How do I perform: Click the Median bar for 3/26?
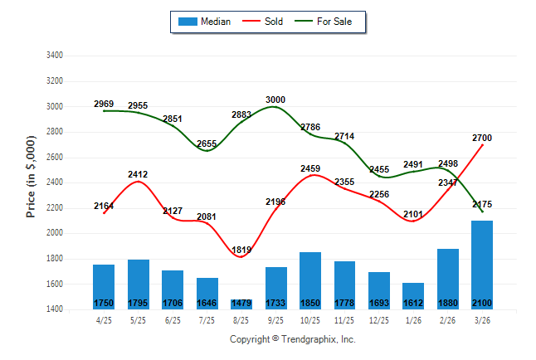coord(483,264)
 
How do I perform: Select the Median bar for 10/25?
coord(310,280)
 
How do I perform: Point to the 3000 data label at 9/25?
coord(275,100)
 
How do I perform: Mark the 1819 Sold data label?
coord(241,250)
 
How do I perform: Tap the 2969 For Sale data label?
coord(104,104)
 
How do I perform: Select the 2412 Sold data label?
coord(138,174)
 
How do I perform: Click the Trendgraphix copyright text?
coord(292,339)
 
